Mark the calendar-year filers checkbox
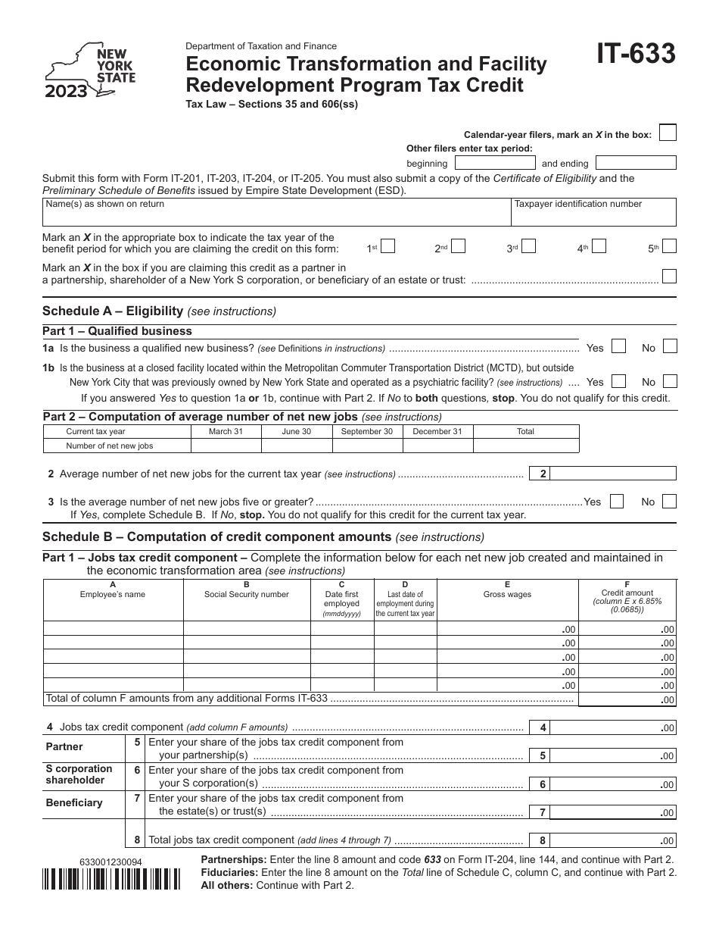point(667,133)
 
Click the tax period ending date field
point(635,163)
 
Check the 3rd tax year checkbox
point(530,246)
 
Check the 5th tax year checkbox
point(669,246)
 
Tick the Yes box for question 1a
point(618,347)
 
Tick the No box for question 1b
point(669,381)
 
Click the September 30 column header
point(367,431)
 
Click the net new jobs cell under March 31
point(226,446)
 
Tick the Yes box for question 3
point(617,501)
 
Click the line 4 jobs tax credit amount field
point(613,727)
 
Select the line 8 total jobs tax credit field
point(613,840)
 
